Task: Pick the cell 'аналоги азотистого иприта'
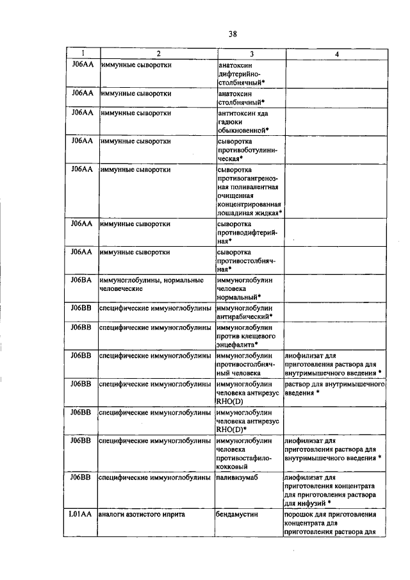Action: (140, 515)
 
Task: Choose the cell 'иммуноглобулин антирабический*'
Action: (246, 311)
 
